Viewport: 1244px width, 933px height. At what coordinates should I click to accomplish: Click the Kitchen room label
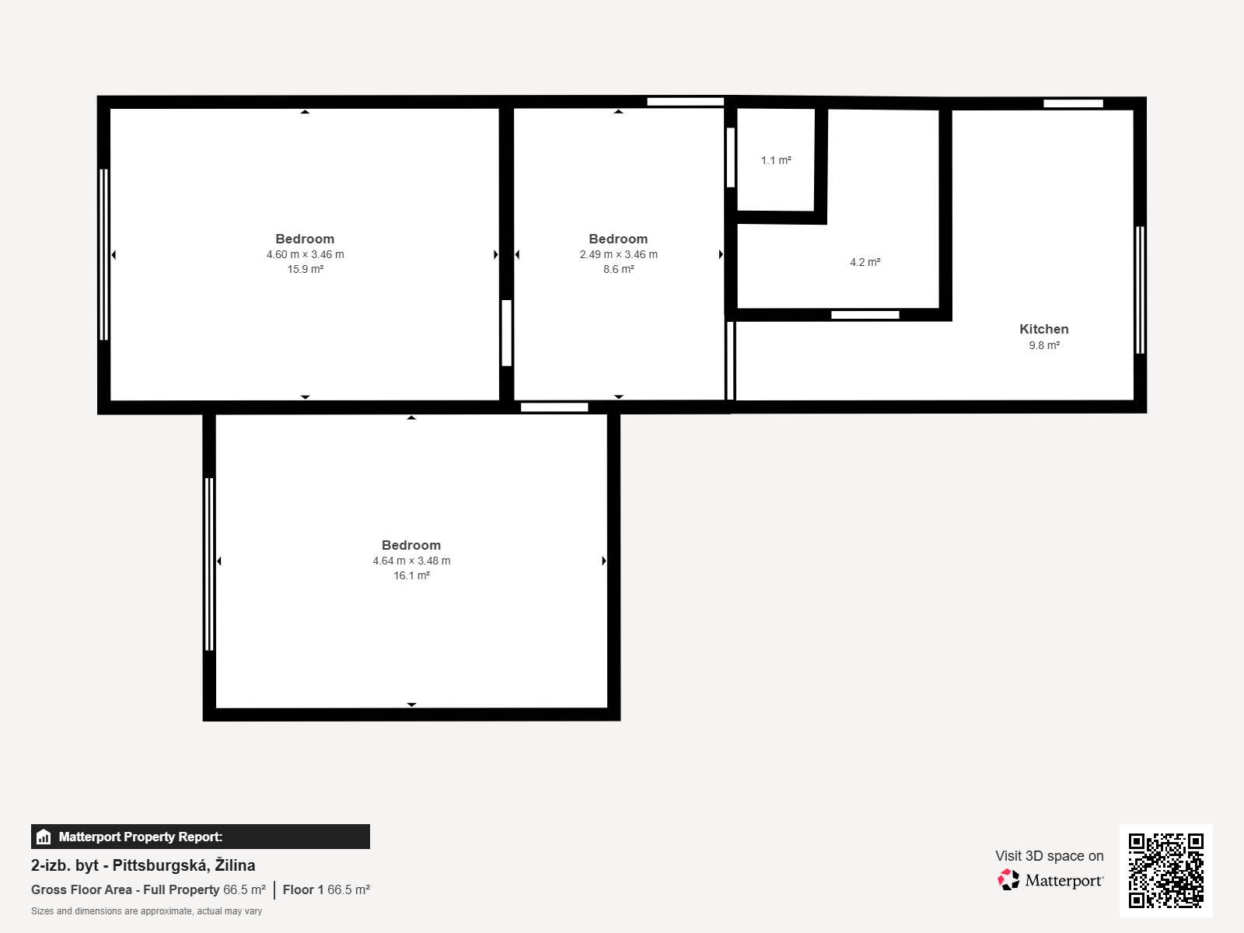coord(1044,329)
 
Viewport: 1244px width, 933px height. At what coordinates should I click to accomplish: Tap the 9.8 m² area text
coord(1044,345)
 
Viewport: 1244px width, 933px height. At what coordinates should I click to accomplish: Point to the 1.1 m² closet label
coord(776,160)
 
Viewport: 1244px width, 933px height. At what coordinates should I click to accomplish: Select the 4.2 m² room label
coord(865,262)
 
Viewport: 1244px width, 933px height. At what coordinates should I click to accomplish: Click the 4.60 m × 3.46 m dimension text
coord(306,254)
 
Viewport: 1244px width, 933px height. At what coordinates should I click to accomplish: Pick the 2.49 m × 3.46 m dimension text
coord(618,254)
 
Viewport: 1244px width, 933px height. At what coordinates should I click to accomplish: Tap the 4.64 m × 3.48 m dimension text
coord(411,561)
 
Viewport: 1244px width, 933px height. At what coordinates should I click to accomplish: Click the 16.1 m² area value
coord(411,575)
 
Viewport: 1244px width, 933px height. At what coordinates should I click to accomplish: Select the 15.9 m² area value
coord(306,269)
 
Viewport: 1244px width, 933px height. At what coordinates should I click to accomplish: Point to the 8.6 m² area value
coord(618,269)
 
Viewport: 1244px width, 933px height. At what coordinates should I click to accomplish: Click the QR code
coord(1165,870)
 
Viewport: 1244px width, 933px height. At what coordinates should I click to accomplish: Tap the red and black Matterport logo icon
coord(1008,880)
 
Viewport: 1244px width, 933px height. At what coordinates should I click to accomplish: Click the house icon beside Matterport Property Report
coord(44,837)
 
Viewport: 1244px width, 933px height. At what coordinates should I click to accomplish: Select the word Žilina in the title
coord(235,865)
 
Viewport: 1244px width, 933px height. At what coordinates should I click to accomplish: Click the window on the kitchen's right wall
coord(1140,290)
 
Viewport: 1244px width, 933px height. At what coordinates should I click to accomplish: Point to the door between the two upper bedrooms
coord(507,333)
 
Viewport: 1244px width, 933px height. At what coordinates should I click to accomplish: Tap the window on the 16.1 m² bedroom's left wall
coord(209,564)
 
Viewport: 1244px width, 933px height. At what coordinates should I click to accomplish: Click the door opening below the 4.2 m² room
coord(865,315)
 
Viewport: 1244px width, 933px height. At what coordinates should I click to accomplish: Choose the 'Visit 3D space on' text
coord(1049,856)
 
